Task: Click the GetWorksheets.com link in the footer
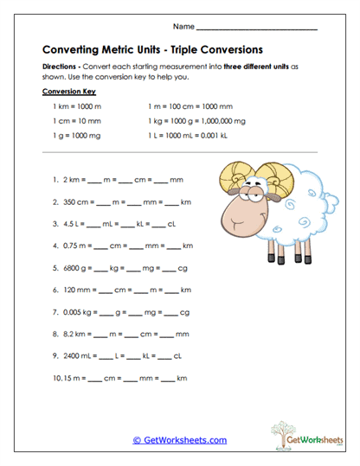[180, 440]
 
